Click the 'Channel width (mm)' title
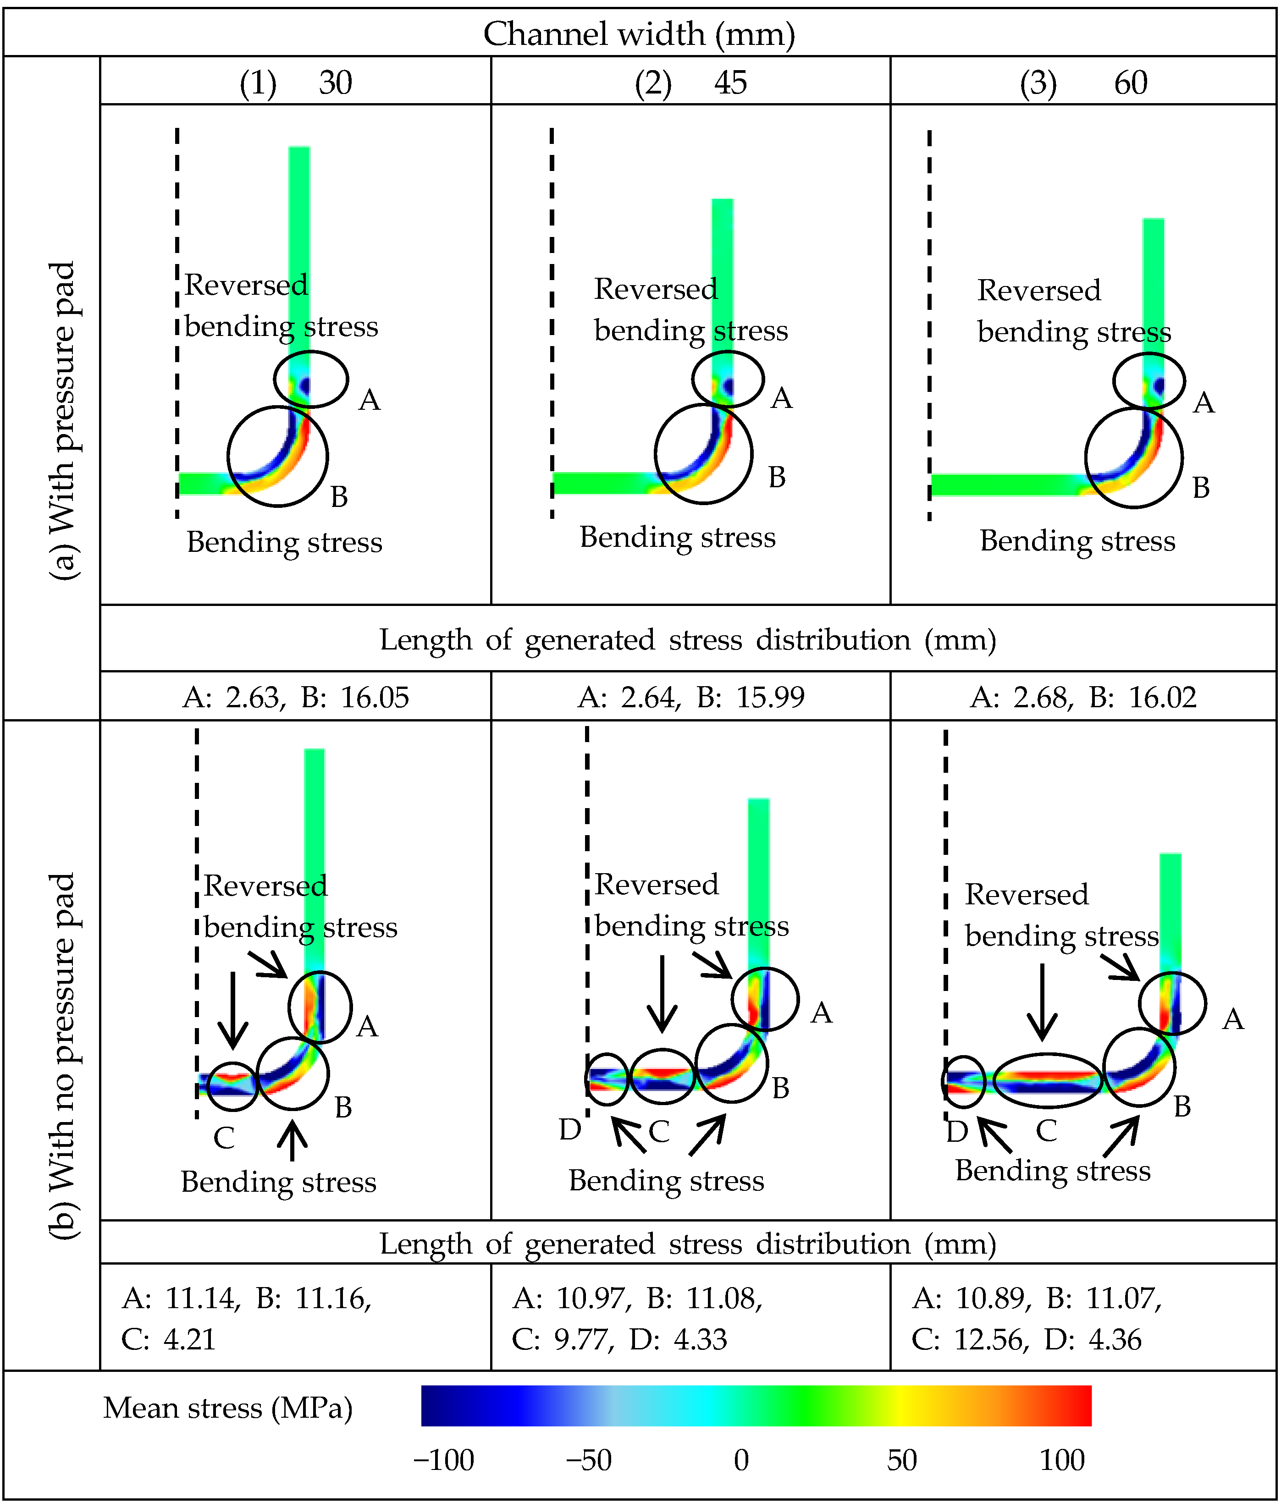click(639, 34)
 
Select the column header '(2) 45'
click(690, 83)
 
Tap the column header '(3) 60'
click(1083, 83)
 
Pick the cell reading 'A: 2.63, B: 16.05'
click(296, 698)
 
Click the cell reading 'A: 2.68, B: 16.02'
click(1083, 698)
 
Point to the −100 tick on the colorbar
click(444, 1460)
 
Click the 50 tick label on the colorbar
click(901, 1460)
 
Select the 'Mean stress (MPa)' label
click(227, 1408)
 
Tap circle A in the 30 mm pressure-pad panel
click(311, 379)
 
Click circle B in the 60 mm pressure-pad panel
click(1133, 458)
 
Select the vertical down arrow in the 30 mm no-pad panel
click(232, 1010)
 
